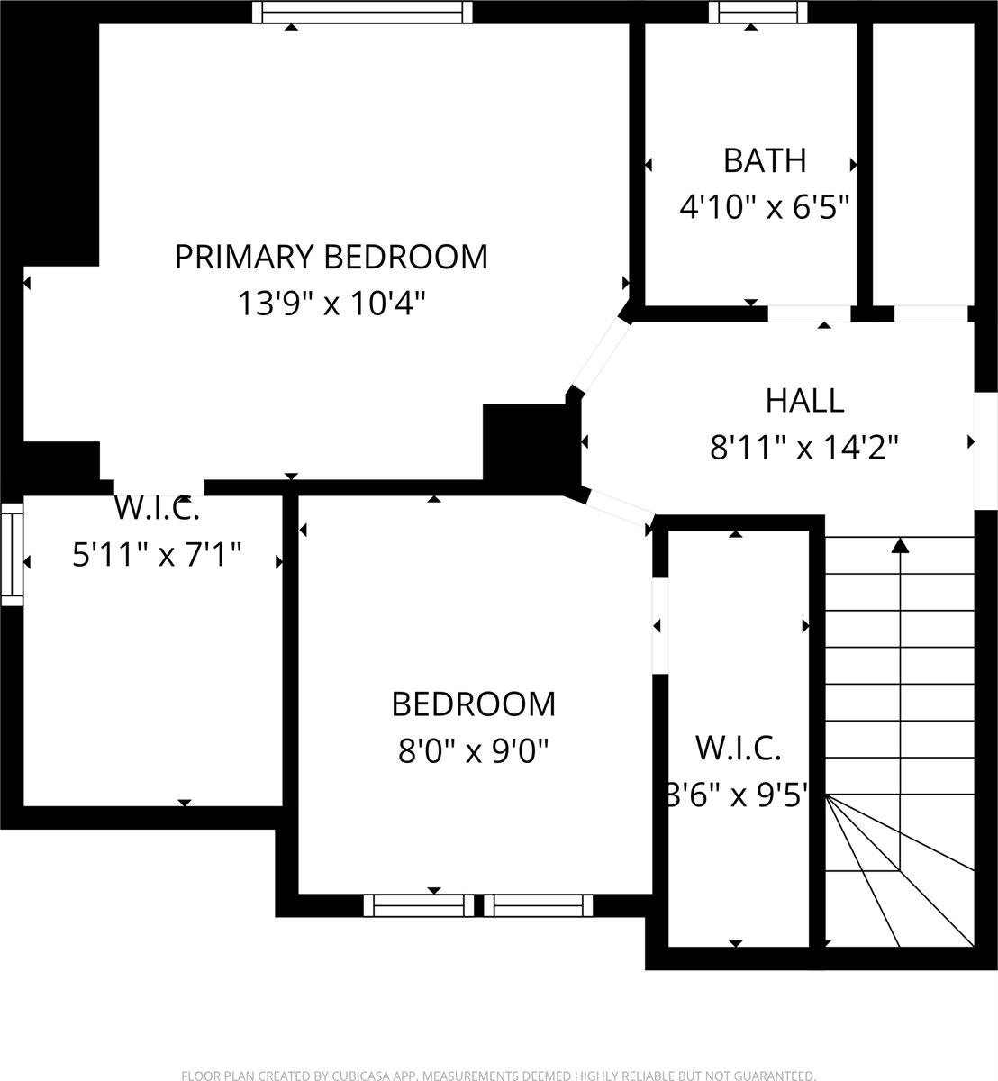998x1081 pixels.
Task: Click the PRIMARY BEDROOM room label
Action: coord(331,257)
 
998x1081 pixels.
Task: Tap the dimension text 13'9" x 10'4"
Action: coord(331,304)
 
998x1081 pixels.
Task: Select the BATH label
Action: coord(765,161)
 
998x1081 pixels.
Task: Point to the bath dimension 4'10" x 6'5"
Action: coord(765,208)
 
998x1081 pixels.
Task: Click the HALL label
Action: coord(804,400)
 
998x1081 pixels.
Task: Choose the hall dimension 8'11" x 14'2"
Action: coord(804,447)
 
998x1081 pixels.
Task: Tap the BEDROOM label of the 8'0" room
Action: coord(473,704)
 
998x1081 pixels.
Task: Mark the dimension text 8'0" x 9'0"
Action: coord(473,749)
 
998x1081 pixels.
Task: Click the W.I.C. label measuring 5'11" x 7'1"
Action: coord(157,509)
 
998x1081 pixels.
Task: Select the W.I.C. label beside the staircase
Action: coord(738,748)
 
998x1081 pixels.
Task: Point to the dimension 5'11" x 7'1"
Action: coord(157,555)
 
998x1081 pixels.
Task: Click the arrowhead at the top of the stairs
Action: coord(900,545)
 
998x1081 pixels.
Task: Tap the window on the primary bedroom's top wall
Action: coord(362,12)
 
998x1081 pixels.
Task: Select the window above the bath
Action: coord(757,12)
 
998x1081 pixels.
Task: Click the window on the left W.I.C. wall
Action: coord(12,553)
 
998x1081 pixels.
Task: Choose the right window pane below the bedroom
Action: coord(539,905)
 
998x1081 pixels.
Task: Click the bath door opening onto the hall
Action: coord(809,313)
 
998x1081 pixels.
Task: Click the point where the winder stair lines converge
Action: coord(827,796)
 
